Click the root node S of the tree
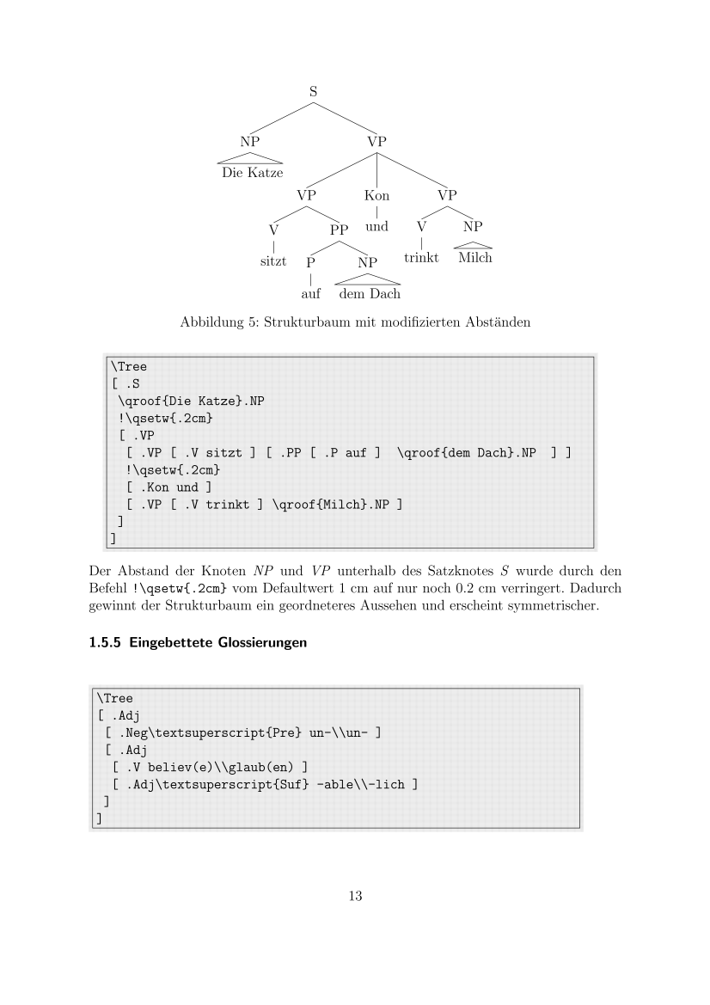point(314,89)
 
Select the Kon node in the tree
point(376,195)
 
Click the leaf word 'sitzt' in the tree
point(273,260)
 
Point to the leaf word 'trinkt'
point(421,258)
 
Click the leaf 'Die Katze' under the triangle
point(252,173)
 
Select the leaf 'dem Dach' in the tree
point(369,294)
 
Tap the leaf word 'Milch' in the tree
point(474,258)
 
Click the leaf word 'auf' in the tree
point(310,294)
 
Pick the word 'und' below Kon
point(376,227)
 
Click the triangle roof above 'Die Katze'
point(251,157)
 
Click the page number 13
point(355,897)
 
